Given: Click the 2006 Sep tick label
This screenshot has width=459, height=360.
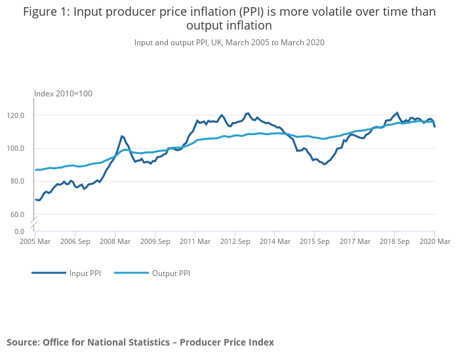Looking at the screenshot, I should pyautogui.click(x=75, y=241).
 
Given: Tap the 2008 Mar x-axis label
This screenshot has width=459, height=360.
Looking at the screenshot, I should pyautogui.click(x=115, y=241).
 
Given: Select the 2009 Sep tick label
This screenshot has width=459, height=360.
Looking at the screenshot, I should pyautogui.click(x=155, y=241).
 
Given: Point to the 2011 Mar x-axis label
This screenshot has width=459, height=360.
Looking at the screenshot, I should pyautogui.click(x=195, y=241).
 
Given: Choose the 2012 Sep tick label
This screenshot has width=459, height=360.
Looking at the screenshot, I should pyautogui.click(x=235, y=241).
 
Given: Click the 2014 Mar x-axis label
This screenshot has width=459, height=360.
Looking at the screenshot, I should pyautogui.click(x=275, y=241).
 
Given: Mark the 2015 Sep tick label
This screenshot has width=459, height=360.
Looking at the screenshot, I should pyautogui.click(x=314, y=241).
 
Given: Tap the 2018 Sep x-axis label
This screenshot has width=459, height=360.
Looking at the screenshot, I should pyautogui.click(x=394, y=241).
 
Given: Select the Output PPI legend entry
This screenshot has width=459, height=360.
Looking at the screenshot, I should pyautogui.click(x=170, y=273).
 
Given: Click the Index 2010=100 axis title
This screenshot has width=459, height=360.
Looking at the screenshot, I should pyautogui.click(x=63, y=94).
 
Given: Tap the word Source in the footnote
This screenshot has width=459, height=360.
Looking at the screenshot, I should pyautogui.click(x=23, y=342).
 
